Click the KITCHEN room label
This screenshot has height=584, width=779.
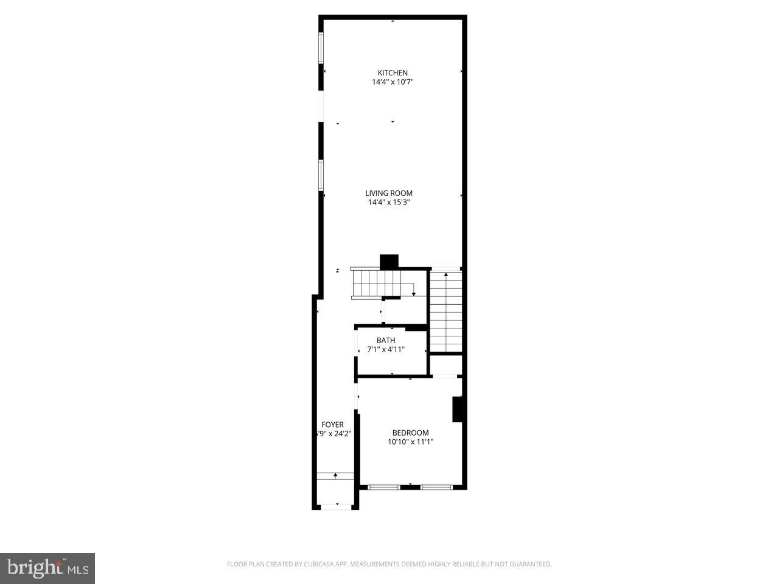393,73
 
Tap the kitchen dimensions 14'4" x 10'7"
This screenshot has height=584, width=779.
393,82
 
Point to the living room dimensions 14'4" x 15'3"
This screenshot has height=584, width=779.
389,203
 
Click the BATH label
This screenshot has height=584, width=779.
385,341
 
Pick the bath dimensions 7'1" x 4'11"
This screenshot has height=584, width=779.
386,350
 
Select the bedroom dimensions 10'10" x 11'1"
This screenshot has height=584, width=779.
410,442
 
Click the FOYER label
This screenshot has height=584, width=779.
332,425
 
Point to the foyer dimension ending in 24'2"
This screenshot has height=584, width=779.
333,434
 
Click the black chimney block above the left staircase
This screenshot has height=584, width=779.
389,261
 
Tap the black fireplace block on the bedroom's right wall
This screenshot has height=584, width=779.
458,409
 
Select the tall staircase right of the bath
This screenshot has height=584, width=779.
446,311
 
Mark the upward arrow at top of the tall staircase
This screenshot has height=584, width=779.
446,275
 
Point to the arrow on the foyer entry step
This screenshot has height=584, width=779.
335,474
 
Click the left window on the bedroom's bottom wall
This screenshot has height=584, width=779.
384,487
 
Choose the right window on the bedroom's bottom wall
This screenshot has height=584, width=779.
436,487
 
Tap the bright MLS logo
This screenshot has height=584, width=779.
47,568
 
